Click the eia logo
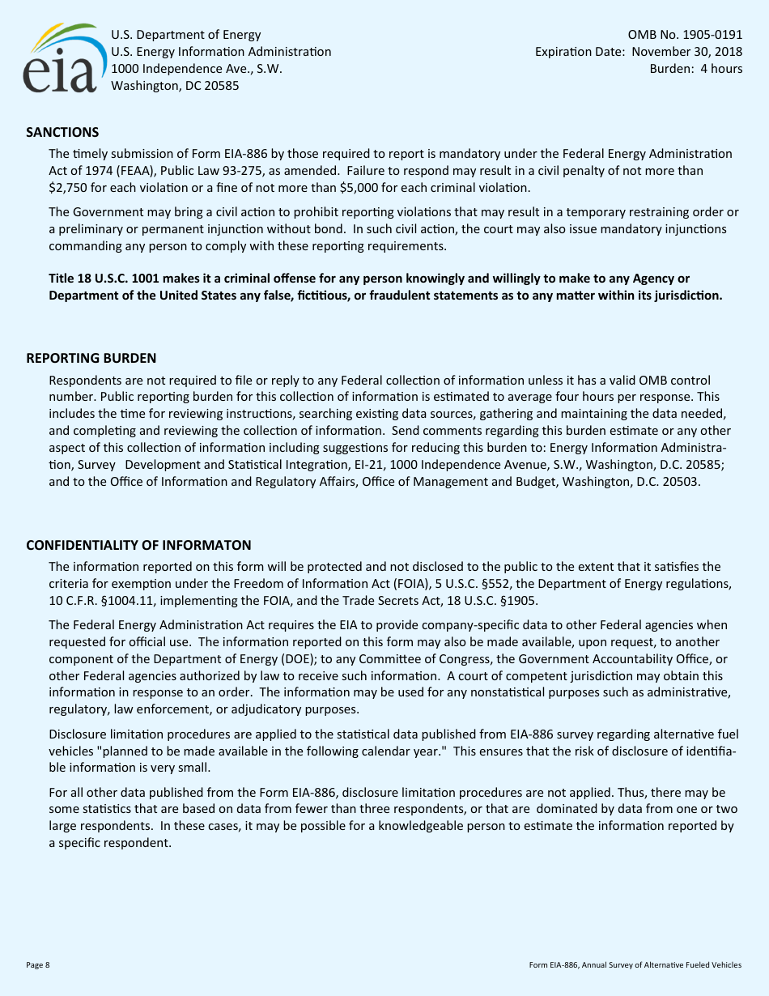pos(62,58)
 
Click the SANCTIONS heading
pos(62,132)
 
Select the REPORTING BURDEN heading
pos(91,358)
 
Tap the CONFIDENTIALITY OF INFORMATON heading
pos(138,545)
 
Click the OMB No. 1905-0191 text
pos(685,35)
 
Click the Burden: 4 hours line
pos(695,69)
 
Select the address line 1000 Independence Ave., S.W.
pos(196,69)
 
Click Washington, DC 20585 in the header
pos(175,86)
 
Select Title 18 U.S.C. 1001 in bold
pos(104,278)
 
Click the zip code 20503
pos(682,482)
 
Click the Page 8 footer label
pos(38,964)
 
